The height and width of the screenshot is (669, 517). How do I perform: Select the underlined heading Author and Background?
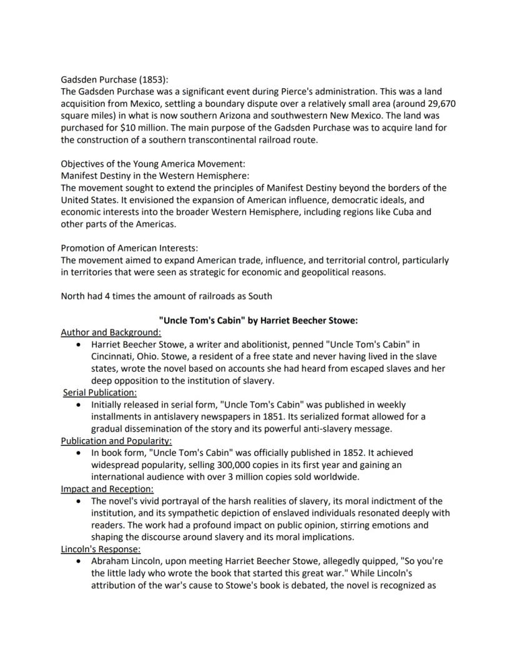click(111, 332)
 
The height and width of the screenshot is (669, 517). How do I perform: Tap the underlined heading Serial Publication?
click(100, 392)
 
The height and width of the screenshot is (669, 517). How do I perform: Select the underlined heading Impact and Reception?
click(107, 488)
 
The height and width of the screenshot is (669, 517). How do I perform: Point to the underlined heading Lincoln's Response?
click(101, 549)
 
